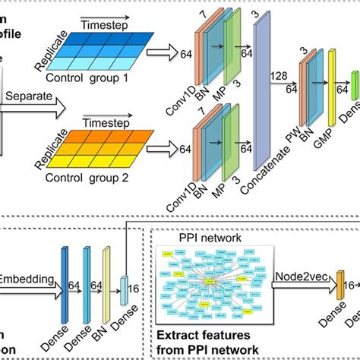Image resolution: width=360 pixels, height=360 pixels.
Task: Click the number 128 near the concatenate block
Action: tap(279, 74)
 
